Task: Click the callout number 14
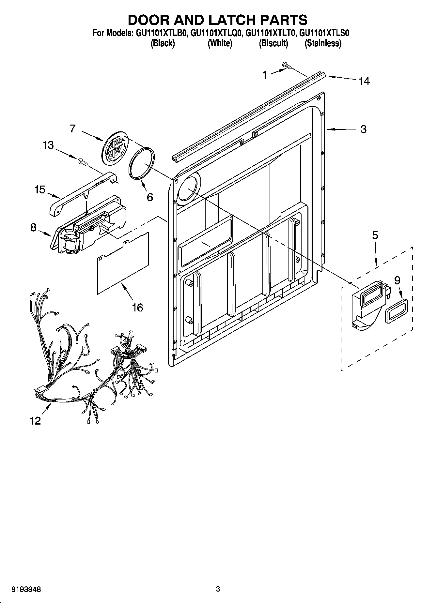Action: [x=364, y=81]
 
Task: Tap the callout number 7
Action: [x=72, y=128]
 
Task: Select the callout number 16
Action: [x=137, y=307]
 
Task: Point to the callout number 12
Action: [x=35, y=421]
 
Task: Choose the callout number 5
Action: [x=375, y=235]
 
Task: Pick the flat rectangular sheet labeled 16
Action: [x=123, y=263]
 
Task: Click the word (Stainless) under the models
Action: [x=323, y=43]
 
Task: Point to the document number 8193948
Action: [x=26, y=590]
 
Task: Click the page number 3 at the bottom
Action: [x=218, y=589]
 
